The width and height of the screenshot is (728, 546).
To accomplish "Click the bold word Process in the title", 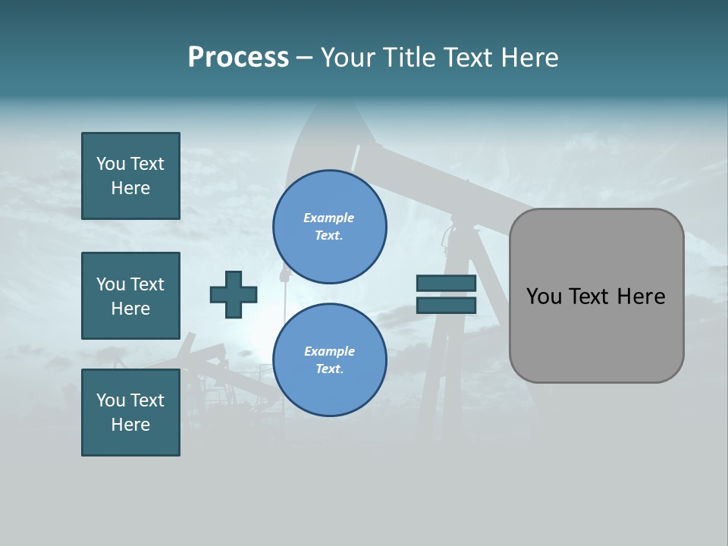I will pos(238,58).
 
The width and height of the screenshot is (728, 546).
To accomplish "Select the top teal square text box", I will pos(130,176).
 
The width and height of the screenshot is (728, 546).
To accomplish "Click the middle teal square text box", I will pos(130,296).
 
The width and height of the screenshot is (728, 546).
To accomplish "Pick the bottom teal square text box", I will pos(130,413).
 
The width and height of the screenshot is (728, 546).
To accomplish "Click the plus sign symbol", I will pos(234,294).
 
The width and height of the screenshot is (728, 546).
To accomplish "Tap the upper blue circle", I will pos(330,227).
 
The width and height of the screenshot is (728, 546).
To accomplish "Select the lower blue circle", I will pos(330,360).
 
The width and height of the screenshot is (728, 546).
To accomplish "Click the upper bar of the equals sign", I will pos(446,284).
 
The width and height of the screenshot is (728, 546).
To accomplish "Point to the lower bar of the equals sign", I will pos(446,305).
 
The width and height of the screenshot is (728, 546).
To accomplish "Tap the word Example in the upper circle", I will pos(329,218).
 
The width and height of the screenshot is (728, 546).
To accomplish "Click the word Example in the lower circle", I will pos(329,351).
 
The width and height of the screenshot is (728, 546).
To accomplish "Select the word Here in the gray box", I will pos(641,297).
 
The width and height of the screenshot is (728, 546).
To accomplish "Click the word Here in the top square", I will pos(130,188).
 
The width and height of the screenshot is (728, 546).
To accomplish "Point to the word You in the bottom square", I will pos(111,400).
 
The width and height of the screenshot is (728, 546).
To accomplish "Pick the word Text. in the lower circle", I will pos(329,369).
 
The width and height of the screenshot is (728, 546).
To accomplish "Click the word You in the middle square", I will pos(111,284).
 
